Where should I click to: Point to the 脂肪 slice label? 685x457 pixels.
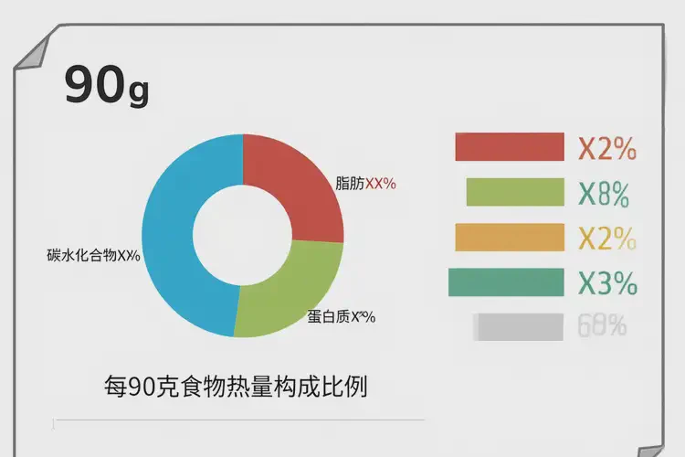point(365,183)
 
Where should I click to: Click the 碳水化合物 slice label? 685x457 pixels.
point(93,255)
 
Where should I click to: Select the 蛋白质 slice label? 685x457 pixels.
point(341,317)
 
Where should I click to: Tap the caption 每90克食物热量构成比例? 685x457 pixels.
point(235,387)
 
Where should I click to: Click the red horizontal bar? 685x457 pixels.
point(510,147)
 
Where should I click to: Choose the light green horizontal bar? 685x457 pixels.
point(514,192)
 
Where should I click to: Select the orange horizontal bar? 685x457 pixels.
point(510,237)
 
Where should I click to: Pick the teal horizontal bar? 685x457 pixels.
point(506,282)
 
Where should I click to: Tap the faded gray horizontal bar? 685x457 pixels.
point(518,326)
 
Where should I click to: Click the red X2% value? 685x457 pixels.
point(606,148)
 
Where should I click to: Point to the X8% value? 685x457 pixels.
point(604,193)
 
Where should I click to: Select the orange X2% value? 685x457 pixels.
point(606,238)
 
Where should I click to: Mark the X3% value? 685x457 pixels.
point(607,283)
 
